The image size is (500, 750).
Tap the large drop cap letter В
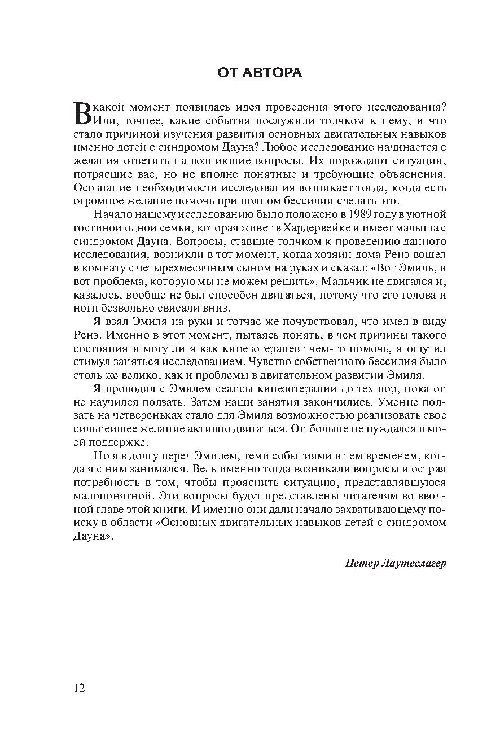[x=82, y=112]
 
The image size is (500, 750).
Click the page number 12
[x=79, y=688]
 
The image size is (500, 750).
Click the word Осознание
[x=97, y=187]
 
